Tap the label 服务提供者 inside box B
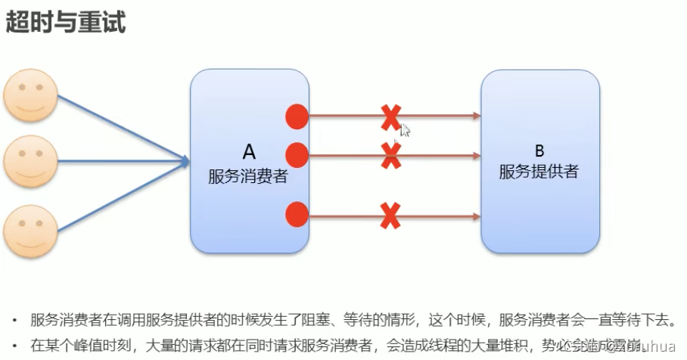[x=539, y=172]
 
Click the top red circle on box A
[x=297, y=116]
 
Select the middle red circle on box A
[x=297, y=154]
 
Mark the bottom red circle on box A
[x=297, y=216]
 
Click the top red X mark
[x=390, y=117]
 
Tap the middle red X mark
[x=390, y=155]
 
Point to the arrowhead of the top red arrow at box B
[x=477, y=116]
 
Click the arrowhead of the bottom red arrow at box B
[x=477, y=216]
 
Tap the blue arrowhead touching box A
[x=184, y=160]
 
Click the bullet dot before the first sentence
[x=17, y=320]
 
